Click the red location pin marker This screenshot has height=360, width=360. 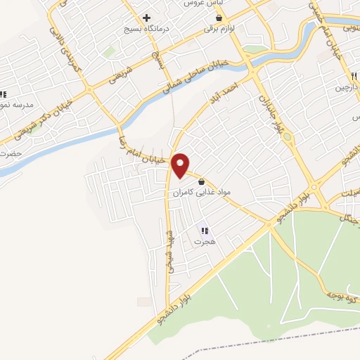(181, 165)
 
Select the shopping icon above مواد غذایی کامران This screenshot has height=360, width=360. (201, 181)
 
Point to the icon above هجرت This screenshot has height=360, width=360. (205, 230)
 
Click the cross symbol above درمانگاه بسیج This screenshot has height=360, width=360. (146, 18)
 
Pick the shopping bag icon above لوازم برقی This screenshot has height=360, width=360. (219, 18)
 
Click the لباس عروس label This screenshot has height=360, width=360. (199, 4)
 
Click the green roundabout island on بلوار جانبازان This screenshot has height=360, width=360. (255, 49)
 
